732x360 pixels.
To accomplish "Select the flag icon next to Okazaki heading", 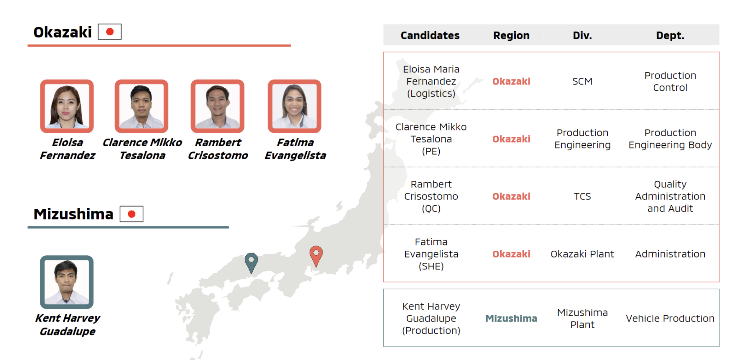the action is click(110, 32).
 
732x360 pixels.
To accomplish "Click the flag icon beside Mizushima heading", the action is click(131, 214).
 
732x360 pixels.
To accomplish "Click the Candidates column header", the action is click(430, 35).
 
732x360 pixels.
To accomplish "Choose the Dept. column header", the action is click(670, 35).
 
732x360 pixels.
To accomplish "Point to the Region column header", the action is click(511, 35).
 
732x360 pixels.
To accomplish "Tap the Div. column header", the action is click(582, 35).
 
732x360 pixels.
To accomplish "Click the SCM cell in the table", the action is click(582, 81).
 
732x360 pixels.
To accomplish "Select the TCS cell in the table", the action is click(582, 196).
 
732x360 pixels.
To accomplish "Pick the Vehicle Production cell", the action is click(670, 318).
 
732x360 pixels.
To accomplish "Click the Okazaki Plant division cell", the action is click(582, 254).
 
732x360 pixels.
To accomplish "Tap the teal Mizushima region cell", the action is click(511, 318).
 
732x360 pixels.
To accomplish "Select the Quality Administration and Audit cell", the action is click(670, 196).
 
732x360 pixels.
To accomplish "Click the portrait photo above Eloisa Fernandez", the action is click(67, 106).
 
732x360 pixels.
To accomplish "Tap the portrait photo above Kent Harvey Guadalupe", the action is click(67, 282).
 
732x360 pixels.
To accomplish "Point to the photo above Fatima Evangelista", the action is click(295, 106).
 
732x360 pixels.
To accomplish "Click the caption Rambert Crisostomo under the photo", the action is click(218, 149).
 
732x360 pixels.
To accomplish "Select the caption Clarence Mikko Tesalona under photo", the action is click(142, 149).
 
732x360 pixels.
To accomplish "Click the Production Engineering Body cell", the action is click(670, 139).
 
